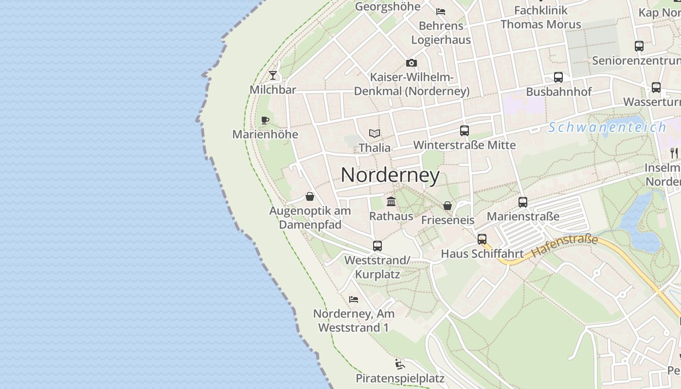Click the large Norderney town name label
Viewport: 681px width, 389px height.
(390, 175)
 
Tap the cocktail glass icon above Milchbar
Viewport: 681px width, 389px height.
(273, 75)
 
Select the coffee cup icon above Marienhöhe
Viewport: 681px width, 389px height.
(265, 120)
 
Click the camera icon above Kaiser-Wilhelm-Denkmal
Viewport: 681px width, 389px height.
(412, 63)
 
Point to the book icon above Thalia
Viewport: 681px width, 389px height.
(374, 133)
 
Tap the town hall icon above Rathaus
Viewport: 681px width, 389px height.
(391, 201)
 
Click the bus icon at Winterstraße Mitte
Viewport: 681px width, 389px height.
(465, 131)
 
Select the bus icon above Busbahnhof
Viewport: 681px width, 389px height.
(558, 77)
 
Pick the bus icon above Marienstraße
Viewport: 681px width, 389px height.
(523, 202)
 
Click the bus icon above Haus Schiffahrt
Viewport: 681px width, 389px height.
(482, 239)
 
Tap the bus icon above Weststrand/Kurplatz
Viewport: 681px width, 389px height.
(377, 246)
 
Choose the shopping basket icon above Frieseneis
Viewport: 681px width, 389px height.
(448, 206)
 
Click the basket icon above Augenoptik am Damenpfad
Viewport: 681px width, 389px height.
(310, 196)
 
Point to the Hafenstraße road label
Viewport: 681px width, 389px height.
(564, 246)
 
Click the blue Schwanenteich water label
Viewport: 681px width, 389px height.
(607, 127)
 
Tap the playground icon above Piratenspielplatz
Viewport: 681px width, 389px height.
(400, 364)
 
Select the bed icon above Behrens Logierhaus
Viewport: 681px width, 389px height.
(441, 12)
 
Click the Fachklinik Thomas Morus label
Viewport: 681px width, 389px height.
(540, 17)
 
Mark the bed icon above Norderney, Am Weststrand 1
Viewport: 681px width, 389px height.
(354, 300)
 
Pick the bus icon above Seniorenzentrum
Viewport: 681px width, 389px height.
(639, 46)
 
